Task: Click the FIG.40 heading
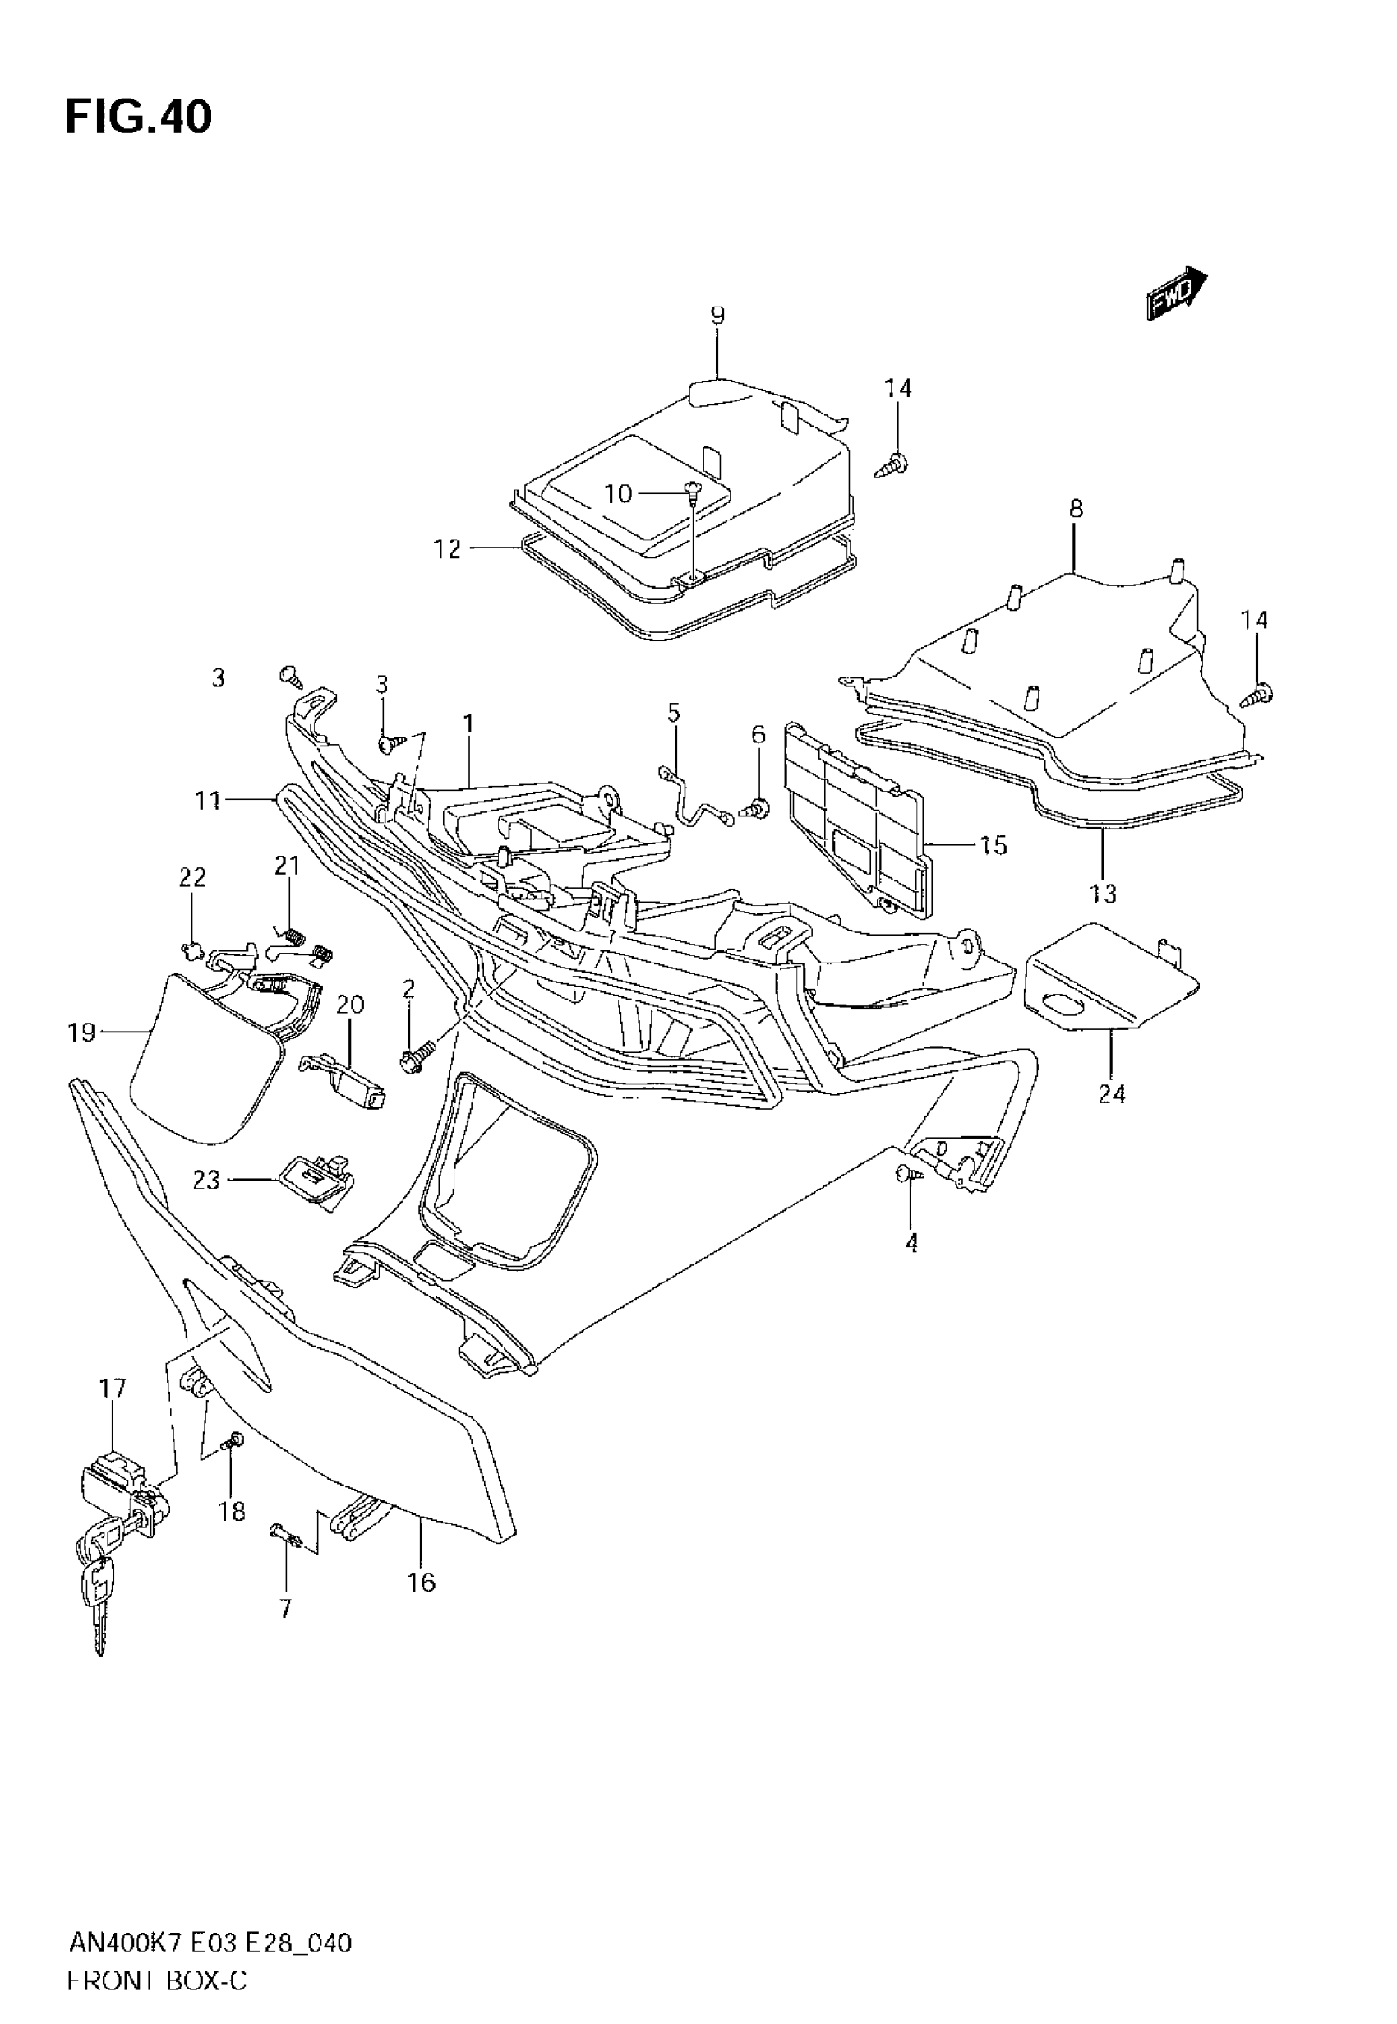coord(138,118)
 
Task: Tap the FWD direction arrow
coord(1178,293)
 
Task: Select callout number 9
coord(717,316)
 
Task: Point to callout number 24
coord(1111,1093)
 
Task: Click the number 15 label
coord(994,846)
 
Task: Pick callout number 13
coord(1104,894)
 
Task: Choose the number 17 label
coord(113,1389)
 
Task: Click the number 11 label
coord(207,800)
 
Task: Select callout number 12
coord(447,550)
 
